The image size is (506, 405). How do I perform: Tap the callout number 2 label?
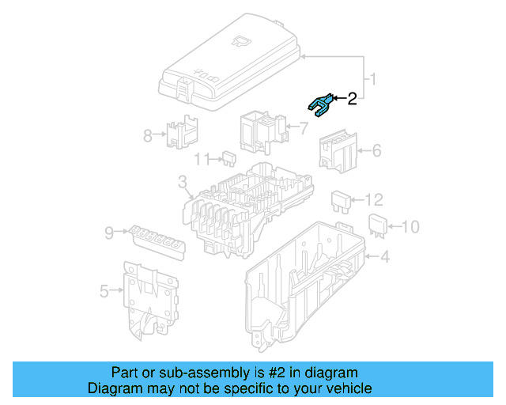point(352,99)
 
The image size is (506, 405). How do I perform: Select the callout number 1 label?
point(375,79)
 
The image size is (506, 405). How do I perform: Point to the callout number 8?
point(147,135)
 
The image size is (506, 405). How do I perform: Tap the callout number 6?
point(376,150)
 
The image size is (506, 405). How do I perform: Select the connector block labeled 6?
point(338,151)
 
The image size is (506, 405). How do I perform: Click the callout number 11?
point(202,159)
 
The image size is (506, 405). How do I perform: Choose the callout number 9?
point(109,232)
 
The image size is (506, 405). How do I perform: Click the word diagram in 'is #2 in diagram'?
point(331,373)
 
